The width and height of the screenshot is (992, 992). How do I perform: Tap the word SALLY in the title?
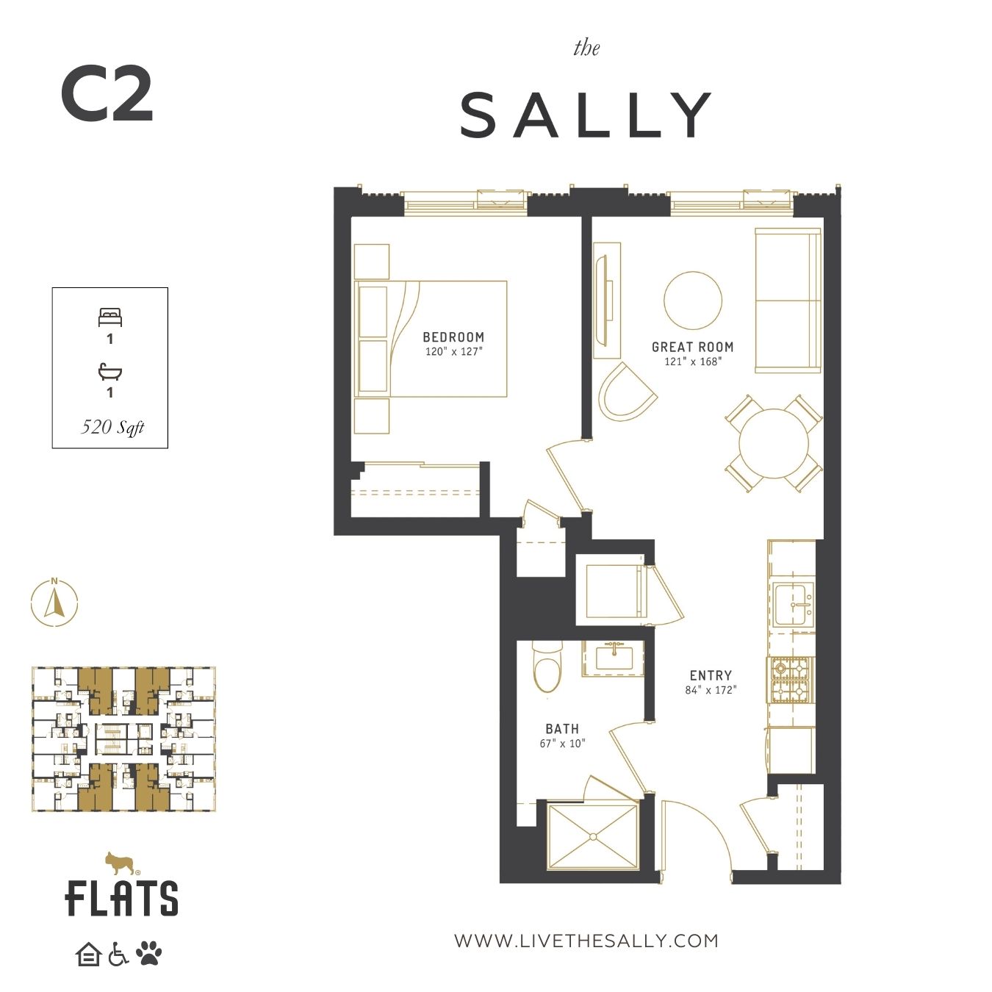586,115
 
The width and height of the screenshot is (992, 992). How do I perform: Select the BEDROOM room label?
453,337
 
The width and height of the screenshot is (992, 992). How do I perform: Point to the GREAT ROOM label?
692,347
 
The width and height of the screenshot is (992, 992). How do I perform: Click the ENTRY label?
711,675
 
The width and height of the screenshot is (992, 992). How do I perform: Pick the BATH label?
562,729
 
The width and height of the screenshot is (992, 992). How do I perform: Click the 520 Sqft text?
112,427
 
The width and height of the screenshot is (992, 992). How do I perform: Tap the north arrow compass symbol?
54,603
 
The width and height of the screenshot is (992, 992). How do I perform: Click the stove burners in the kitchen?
791,680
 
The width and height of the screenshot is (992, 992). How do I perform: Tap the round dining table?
773,443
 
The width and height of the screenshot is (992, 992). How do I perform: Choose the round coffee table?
693,301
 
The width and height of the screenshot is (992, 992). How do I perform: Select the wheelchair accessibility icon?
118,954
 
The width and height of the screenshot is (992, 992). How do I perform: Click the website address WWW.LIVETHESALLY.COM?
586,941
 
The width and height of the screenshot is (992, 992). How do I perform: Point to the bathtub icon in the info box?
109,372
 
